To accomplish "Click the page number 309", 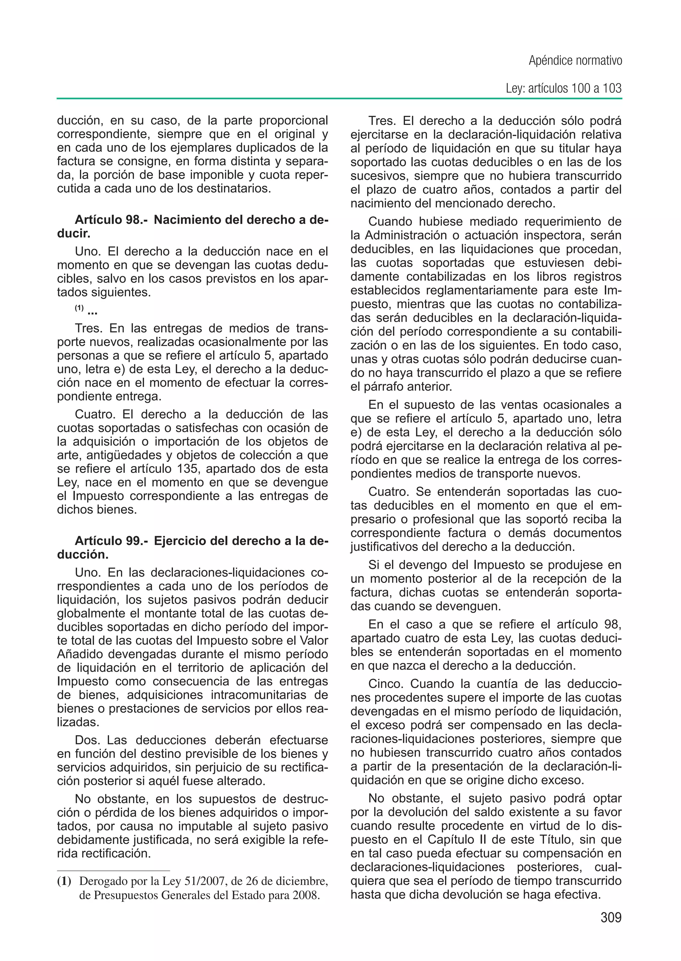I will (611, 917).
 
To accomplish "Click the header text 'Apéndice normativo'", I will (575, 61).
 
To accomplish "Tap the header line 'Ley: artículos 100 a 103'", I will (564, 88).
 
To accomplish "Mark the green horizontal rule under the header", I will (339, 99).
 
